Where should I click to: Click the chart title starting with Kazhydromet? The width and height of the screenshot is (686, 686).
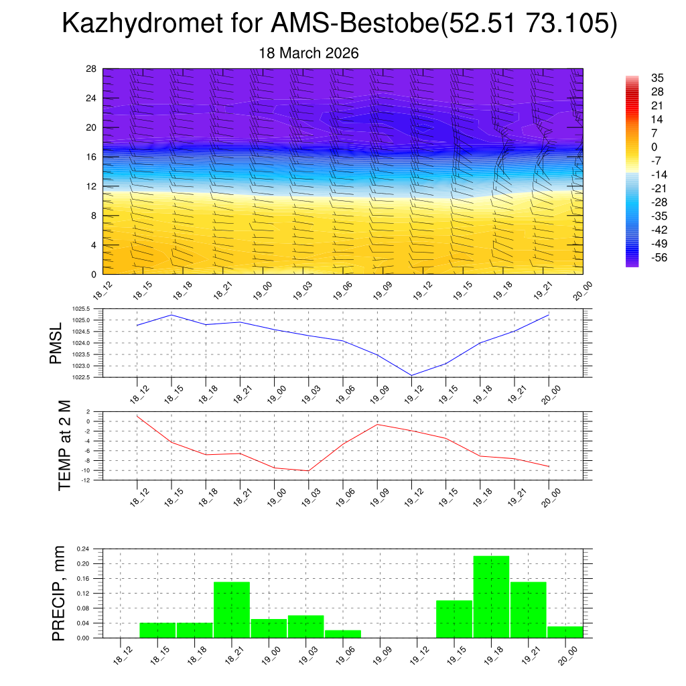click(x=339, y=24)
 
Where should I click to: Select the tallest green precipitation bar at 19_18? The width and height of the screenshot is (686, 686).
click(x=491, y=596)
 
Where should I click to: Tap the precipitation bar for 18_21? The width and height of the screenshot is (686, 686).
click(x=232, y=610)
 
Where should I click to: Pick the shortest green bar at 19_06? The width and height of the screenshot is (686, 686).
click(x=343, y=634)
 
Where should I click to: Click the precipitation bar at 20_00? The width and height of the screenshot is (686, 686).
click(x=565, y=632)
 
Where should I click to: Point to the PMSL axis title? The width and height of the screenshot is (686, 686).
click(x=56, y=343)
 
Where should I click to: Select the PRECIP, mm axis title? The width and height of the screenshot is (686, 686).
click(x=59, y=593)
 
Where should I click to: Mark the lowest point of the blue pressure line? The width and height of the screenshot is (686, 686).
click(x=411, y=375)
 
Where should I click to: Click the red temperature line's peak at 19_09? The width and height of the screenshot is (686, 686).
click(x=377, y=424)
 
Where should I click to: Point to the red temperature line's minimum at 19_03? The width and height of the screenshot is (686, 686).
click(x=308, y=471)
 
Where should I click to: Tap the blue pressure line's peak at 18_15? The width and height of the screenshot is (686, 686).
click(x=171, y=315)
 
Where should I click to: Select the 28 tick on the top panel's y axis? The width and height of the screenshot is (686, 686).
click(x=91, y=69)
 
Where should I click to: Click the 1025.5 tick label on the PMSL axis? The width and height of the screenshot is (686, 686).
click(x=84, y=310)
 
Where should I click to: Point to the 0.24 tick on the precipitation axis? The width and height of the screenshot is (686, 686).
click(x=82, y=549)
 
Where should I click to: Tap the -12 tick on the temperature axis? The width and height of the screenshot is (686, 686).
click(x=86, y=480)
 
